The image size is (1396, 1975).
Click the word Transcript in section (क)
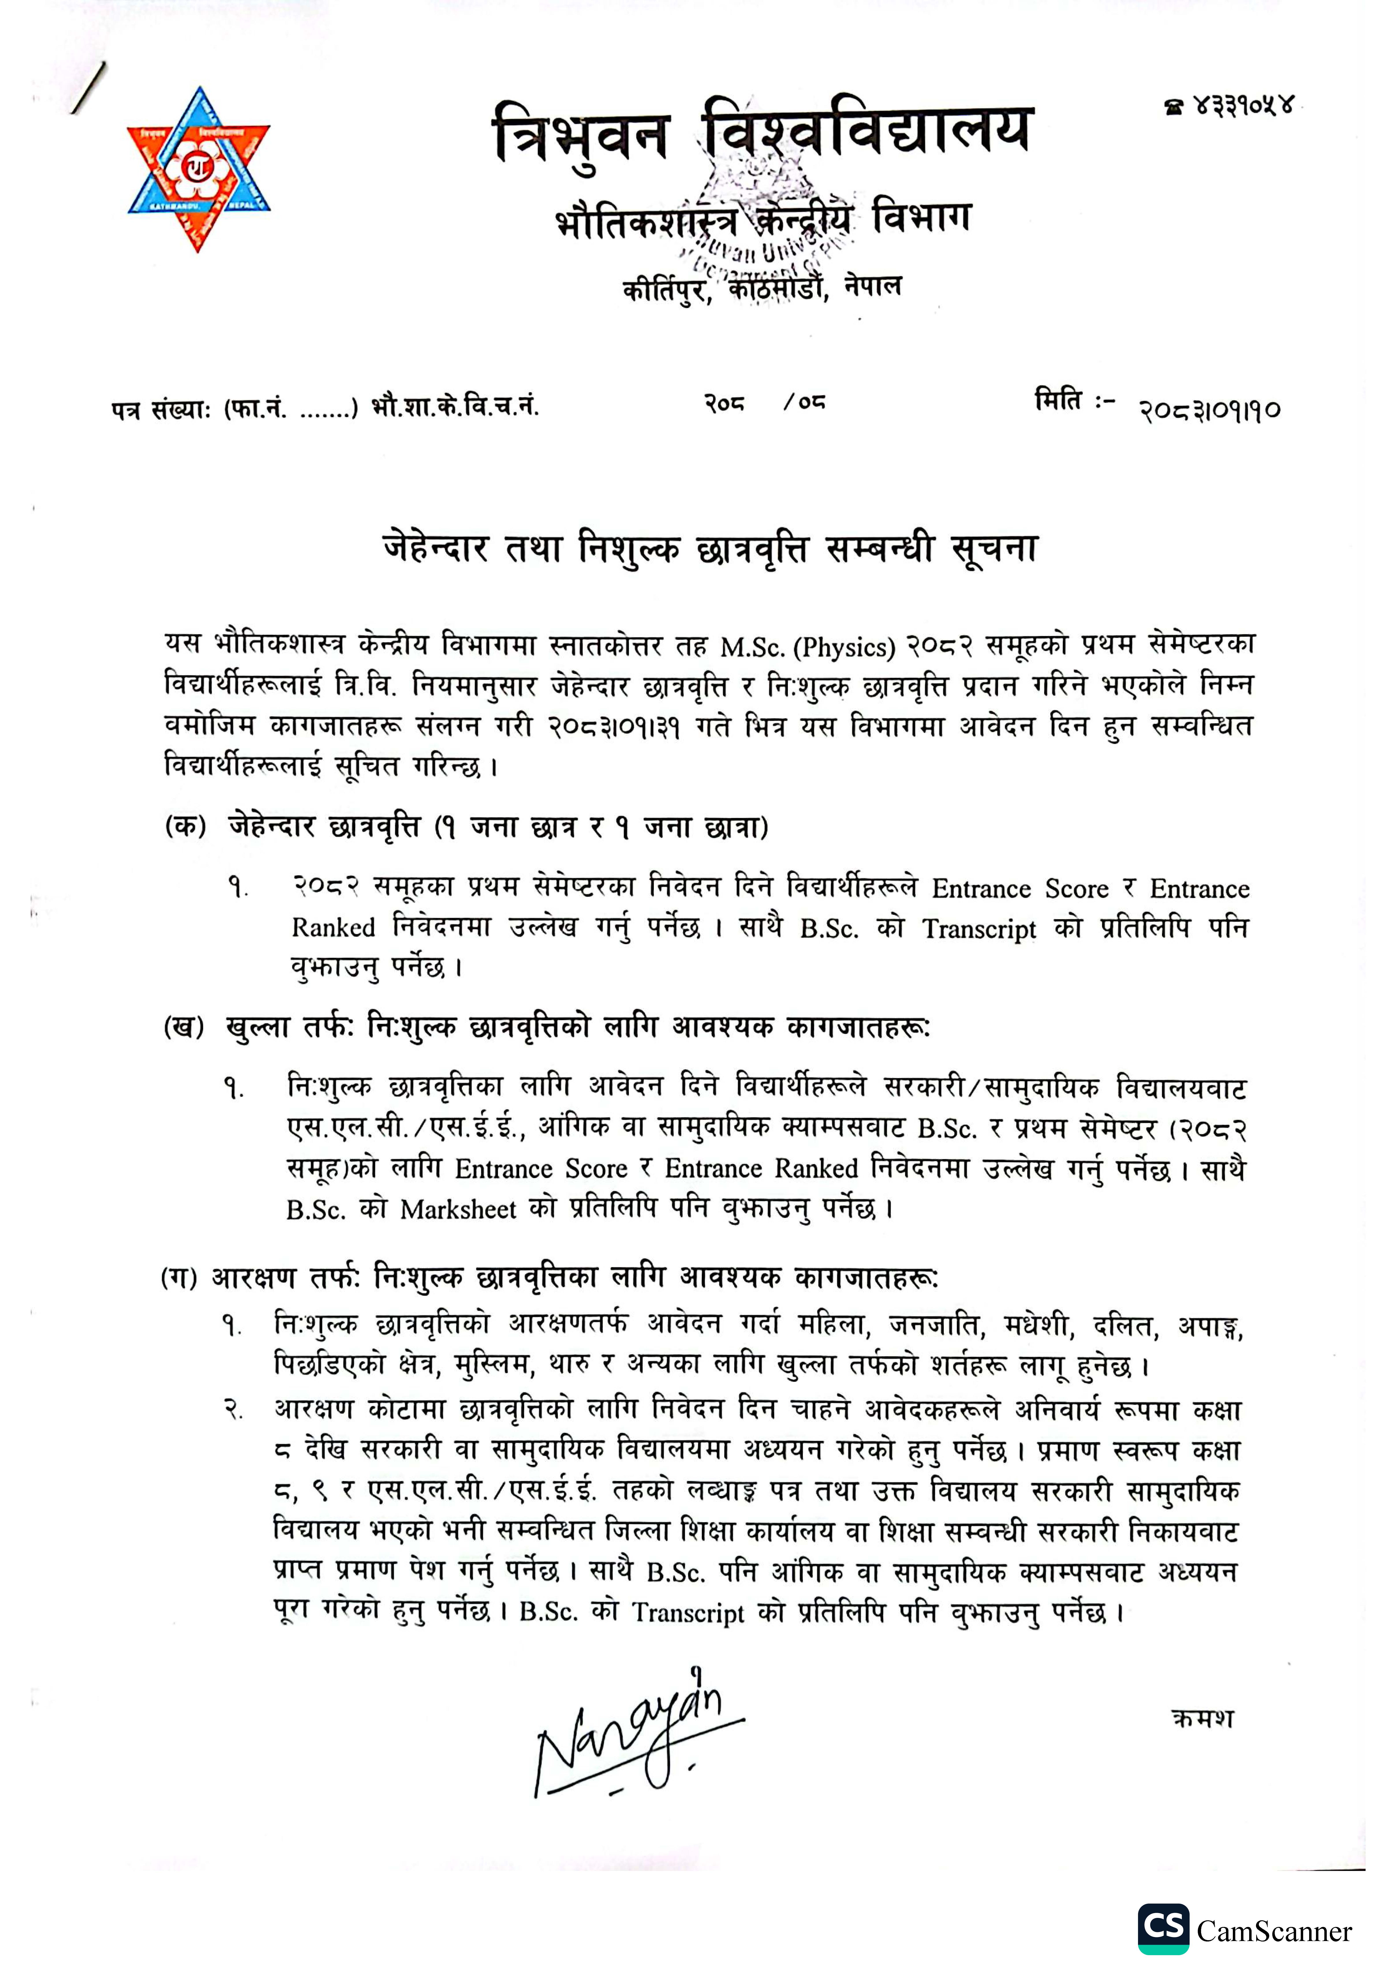tap(979, 929)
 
